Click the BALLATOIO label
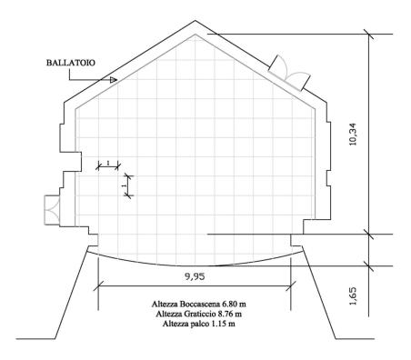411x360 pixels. [x=71, y=63]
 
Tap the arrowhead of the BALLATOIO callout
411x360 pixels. [x=114, y=80]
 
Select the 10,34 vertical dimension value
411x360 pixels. [x=354, y=135]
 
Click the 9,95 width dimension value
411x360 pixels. [x=195, y=276]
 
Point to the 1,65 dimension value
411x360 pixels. [x=354, y=295]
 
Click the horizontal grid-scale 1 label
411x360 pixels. [x=108, y=163]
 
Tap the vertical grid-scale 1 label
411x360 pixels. [x=124, y=185]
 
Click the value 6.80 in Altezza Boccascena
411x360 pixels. [x=229, y=304]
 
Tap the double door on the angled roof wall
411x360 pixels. [x=289, y=73]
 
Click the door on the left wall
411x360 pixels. [x=52, y=210]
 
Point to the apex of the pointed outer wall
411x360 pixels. [x=195, y=21]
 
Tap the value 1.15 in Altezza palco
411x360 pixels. [x=217, y=324]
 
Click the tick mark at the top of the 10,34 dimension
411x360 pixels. [x=368, y=35]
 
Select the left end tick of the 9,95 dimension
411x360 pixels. [x=98, y=285]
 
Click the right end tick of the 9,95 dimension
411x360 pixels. [x=291, y=285]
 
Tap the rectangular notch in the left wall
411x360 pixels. [x=71, y=161]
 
